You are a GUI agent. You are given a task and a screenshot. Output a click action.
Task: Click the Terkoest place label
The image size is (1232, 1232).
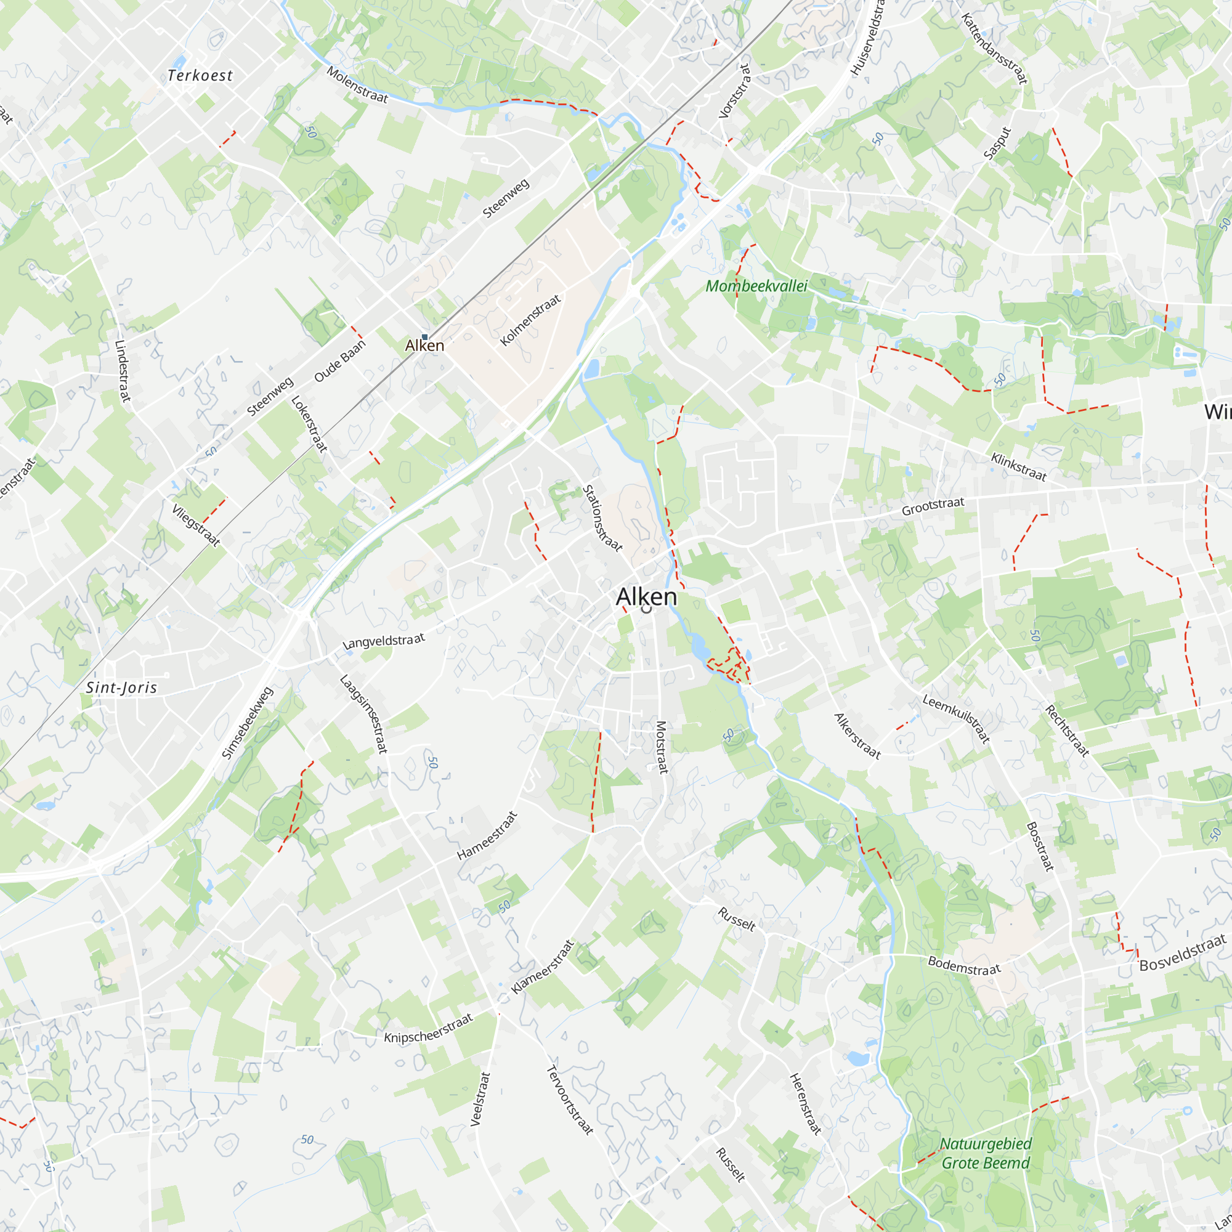[200, 75]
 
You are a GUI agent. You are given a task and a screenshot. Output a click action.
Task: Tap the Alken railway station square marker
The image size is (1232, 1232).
[424, 337]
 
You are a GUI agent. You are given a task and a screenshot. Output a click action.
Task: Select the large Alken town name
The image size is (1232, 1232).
[646, 597]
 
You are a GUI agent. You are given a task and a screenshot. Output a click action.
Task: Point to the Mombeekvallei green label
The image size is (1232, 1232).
[756, 286]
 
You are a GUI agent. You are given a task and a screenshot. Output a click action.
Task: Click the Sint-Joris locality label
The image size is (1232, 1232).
[121, 687]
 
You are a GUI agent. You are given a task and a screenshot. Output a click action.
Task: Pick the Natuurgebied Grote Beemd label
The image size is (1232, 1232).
[985, 1154]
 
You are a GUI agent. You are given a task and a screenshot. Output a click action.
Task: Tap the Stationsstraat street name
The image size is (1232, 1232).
[602, 518]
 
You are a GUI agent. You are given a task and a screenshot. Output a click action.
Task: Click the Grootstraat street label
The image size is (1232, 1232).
[932, 506]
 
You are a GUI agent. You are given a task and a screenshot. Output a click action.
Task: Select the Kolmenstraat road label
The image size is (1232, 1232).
[530, 320]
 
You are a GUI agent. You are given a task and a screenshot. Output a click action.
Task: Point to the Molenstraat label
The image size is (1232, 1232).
[357, 84]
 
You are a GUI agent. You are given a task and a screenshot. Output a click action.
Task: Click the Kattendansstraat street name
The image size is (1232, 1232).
[994, 49]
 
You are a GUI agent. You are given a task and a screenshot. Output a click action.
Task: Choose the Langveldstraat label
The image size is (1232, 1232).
[383, 641]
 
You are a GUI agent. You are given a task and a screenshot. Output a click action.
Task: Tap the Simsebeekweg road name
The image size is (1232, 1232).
[247, 723]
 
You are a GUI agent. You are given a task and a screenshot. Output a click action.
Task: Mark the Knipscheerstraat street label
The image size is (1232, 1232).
[428, 1029]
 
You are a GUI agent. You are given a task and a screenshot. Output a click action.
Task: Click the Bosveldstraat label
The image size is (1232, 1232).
[1182, 952]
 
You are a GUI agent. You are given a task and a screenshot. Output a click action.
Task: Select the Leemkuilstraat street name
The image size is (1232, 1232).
[955, 719]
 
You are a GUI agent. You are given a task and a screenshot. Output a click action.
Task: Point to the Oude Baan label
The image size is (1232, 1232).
[340, 361]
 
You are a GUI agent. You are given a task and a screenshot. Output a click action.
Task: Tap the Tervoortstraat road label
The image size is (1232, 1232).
[570, 1100]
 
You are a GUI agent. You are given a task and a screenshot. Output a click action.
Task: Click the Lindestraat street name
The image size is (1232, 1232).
[123, 370]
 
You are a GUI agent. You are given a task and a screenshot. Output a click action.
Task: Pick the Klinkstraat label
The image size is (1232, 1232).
[1018, 467]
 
